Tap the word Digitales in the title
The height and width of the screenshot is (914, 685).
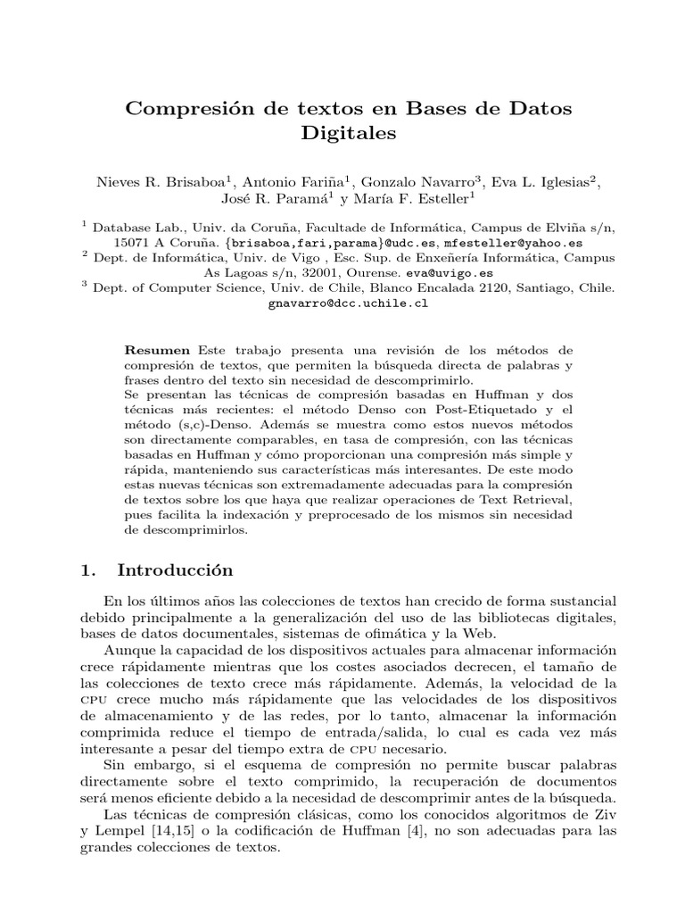click(342, 134)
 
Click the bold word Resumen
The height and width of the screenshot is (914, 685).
click(157, 350)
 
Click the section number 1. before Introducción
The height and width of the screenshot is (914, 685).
click(87, 570)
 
